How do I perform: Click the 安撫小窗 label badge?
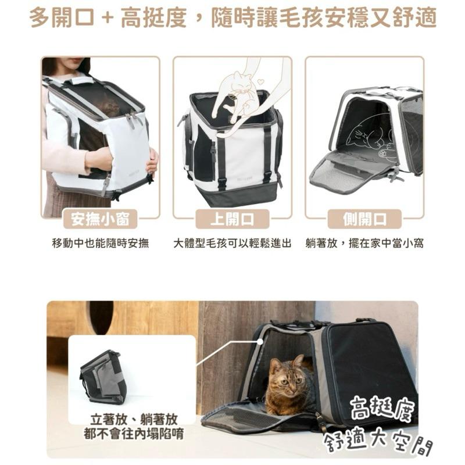(101, 219)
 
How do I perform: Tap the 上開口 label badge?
(233, 219)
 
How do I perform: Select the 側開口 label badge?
(364, 219)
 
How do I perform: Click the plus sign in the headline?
(106, 17)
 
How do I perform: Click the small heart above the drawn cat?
(260, 81)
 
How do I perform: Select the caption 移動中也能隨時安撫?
(101, 243)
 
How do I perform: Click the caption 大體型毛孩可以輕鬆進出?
(233, 243)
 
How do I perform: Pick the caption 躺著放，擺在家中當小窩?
(364, 243)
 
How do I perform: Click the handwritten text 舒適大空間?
(378, 442)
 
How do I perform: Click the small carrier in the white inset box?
(103, 376)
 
